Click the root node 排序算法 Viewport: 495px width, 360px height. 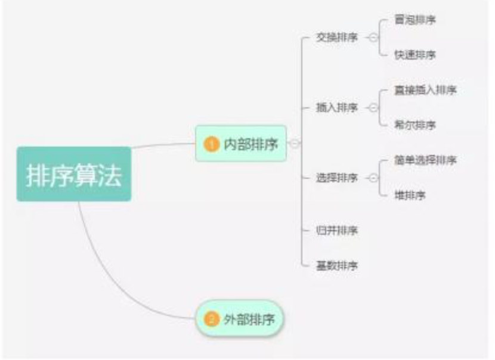[73, 174]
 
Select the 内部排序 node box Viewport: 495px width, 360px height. [241, 143]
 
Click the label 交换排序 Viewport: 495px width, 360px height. [337, 38]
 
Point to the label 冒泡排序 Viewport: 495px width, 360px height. [414, 20]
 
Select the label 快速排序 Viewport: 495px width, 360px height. [414, 55]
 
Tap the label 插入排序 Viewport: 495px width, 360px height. [337, 108]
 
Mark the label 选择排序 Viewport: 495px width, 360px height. [337, 178]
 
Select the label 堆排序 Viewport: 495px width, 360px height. [410, 195]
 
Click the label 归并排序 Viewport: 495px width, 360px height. [337, 230]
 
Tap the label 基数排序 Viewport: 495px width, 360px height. [337, 265]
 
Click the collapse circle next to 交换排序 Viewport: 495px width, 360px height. [373, 38]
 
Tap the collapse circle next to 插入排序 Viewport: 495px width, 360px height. [373, 108]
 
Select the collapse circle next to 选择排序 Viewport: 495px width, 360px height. [373, 178]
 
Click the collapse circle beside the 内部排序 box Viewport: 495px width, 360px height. [295, 143]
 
